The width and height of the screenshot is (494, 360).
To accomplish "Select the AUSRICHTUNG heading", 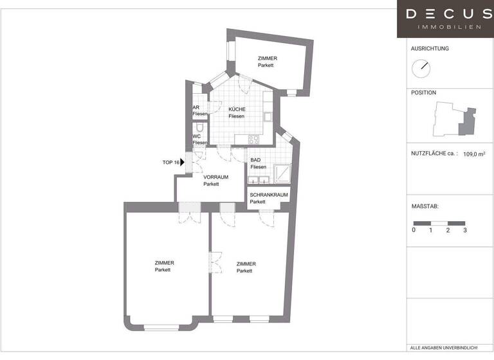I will [430, 49].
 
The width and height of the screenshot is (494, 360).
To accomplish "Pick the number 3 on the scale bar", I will [464, 230].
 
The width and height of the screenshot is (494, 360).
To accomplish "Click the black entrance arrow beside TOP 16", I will [183, 163].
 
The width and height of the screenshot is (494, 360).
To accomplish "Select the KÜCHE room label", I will [237, 109].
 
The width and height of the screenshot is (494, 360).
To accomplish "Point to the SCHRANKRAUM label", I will [269, 194].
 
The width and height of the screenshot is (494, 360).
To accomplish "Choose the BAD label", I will [255, 159].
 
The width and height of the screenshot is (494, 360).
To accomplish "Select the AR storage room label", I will [196, 107].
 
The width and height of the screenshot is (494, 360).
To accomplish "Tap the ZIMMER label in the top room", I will [267, 59].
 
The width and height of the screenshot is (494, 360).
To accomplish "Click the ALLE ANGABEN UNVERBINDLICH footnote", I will [444, 348].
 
